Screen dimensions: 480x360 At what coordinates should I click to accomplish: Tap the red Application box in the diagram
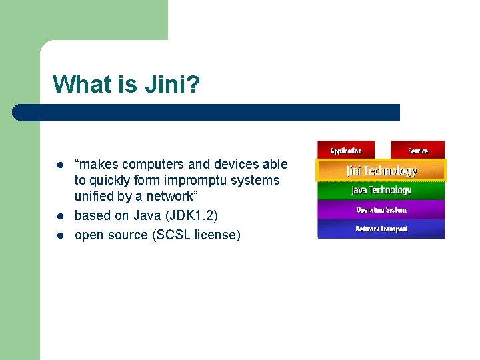tap(345, 150)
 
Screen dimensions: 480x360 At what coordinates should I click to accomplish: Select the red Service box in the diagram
tap(417, 150)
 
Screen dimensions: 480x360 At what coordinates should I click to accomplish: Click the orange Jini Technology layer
tap(381, 171)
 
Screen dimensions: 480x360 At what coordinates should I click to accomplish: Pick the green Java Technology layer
tap(381, 191)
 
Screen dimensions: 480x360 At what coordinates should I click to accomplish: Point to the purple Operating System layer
tap(381, 210)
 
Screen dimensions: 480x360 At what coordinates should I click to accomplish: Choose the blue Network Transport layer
tap(381, 229)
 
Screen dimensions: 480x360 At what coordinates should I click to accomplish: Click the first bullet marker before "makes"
tap(59, 165)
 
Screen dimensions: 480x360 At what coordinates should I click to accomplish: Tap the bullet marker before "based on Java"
tap(59, 217)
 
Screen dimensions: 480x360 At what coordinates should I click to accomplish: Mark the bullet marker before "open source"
tap(59, 235)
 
